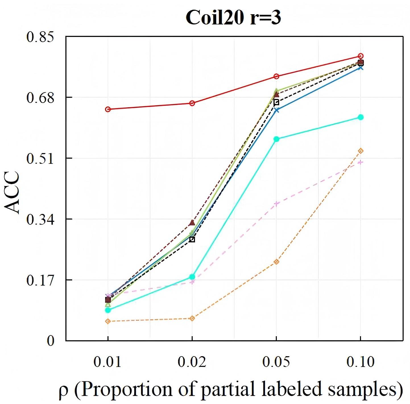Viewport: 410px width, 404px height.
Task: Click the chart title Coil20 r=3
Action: click(233, 18)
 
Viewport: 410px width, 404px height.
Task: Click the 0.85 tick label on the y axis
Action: click(40, 37)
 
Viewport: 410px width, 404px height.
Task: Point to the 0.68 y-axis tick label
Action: click(40, 98)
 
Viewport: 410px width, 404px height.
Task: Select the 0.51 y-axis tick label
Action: click(40, 159)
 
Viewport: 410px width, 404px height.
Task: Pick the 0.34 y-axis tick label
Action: click(40, 220)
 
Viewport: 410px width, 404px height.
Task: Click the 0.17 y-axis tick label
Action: click(40, 281)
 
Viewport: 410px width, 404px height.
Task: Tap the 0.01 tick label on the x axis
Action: click(107, 362)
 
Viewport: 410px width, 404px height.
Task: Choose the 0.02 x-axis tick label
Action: click(192, 362)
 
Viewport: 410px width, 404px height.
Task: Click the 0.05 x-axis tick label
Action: click(276, 362)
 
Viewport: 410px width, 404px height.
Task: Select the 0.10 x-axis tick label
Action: click(360, 362)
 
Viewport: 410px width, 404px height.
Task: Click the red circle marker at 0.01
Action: click(108, 109)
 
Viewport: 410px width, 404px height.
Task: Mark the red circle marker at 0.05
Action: click(276, 76)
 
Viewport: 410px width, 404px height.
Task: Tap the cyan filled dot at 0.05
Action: click(276, 139)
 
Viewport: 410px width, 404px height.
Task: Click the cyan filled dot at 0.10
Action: click(361, 117)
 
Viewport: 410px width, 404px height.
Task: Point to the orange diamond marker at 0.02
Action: click(192, 318)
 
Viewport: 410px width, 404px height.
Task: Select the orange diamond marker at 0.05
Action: click(276, 262)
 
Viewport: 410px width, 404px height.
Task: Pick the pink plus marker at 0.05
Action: click(276, 204)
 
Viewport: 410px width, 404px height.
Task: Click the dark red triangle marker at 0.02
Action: click(192, 223)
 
